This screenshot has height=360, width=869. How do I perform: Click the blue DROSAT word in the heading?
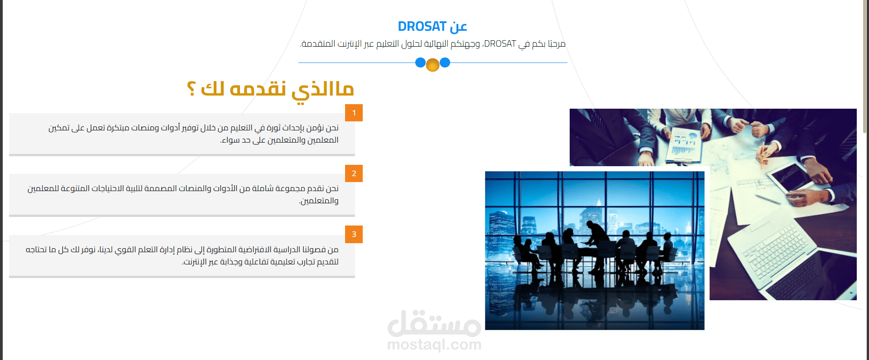422,27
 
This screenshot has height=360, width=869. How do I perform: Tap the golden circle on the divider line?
432,65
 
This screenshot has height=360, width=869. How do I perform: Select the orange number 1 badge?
354,113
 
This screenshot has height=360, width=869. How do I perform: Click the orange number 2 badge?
354,173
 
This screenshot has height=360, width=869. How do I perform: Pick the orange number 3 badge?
354,235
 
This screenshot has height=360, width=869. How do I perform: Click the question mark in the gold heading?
191,88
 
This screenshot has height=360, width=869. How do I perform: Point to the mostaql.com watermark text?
434,345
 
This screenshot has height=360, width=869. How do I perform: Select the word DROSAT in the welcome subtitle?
500,44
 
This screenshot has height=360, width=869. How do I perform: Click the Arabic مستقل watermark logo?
434,323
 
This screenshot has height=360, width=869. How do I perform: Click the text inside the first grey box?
193,134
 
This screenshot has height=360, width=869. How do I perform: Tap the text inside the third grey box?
182,255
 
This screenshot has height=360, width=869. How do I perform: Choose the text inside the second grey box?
183,194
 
